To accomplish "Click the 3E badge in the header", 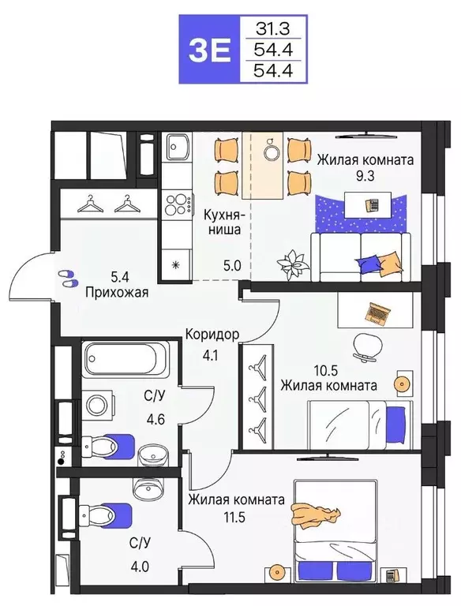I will pyautogui.click(x=208, y=50).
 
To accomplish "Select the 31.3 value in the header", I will pyautogui.click(x=271, y=29).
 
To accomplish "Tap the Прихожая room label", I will pyautogui.click(x=118, y=290).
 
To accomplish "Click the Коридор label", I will pyautogui.click(x=212, y=334).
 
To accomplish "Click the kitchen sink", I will pyautogui.click(x=177, y=147).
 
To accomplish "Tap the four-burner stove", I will pyautogui.click(x=178, y=204).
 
